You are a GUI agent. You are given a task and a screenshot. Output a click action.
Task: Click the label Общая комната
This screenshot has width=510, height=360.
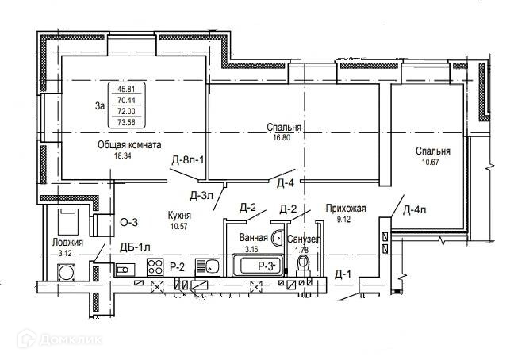pos(130,145)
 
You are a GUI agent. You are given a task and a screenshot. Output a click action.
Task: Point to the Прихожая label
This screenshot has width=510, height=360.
pos(345,209)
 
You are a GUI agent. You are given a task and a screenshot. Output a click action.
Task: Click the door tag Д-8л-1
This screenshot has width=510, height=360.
pos(189,161)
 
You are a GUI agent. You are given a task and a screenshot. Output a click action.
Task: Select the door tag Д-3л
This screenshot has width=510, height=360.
pos(201,194)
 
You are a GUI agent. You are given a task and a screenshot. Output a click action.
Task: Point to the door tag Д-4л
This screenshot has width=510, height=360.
pos(415,210)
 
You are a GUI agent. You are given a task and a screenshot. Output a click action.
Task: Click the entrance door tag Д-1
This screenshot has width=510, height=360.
pos(343,274)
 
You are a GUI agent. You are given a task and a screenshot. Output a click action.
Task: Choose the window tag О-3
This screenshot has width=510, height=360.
pos(128,223)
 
